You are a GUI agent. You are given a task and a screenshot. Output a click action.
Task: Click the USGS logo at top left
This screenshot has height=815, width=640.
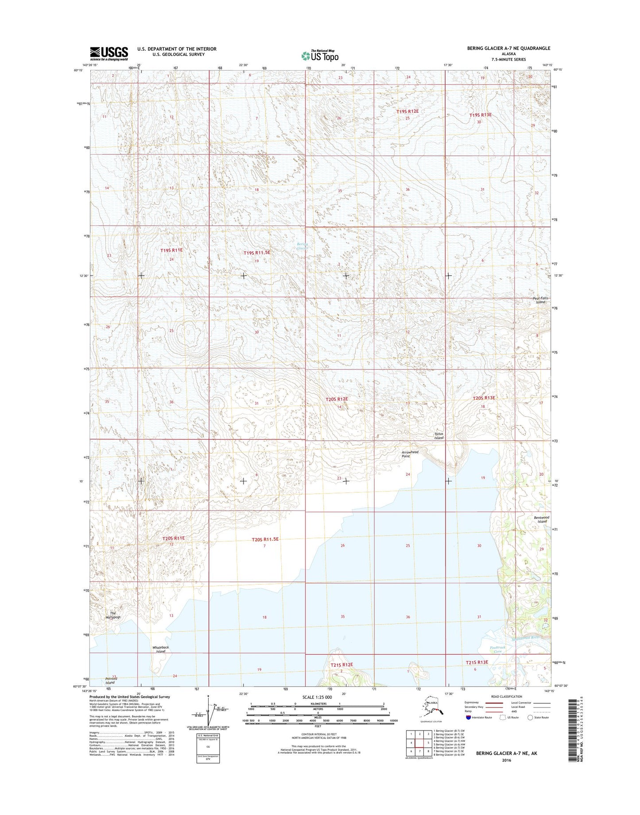click(x=109, y=54)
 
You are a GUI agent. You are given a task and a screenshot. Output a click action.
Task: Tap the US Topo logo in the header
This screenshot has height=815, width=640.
click(x=320, y=55)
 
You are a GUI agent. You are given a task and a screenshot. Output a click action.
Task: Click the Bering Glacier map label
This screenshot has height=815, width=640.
click(x=302, y=246)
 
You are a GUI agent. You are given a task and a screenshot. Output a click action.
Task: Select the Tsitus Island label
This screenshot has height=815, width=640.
click(x=438, y=436)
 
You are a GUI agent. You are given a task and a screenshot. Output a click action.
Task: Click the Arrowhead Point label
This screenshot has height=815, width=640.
click(x=410, y=454)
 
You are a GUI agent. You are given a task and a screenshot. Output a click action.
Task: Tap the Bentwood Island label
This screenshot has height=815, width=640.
click(x=542, y=519)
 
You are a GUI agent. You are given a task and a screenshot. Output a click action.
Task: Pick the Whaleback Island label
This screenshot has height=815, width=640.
click(x=160, y=649)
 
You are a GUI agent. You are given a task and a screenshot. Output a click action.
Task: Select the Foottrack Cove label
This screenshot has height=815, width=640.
click(x=497, y=649)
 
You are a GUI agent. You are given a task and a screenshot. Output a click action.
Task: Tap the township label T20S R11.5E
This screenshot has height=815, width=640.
click(x=266, y=539)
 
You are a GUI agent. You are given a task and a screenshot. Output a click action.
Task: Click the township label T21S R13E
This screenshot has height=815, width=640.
click(x=477, y=662)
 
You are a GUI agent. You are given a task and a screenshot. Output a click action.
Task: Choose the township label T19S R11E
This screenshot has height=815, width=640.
click(x=171, y=250)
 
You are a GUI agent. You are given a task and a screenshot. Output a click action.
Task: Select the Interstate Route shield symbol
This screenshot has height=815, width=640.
click(x=468, y=717)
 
